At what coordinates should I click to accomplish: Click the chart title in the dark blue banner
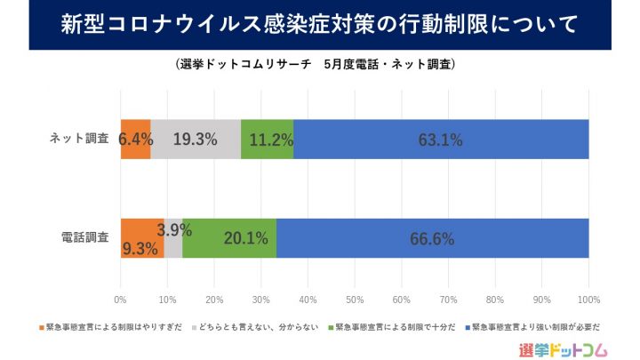click(x=319, y=24)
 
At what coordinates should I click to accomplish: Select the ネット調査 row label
click(x=79, y=139)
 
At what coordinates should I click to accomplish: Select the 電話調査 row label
click(x=84, y=237)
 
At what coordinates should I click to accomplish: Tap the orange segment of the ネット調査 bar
click(x=135, y=139)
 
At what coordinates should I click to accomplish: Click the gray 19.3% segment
click(x=196, y=139)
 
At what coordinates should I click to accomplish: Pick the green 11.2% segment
click(x=267, y=139)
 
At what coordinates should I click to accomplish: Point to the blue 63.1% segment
click(x=441, y=139)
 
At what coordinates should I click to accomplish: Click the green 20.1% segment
click(x=229, y=237)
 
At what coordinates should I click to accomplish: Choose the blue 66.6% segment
click(x=433, y=237)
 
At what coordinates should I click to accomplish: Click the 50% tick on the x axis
click(x=355, y=299)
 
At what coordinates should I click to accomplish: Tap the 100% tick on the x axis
click(x=588, y=299)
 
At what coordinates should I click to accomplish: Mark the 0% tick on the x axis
click(x=121, y=299)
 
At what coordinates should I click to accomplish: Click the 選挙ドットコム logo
click(x=566, y=348)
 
